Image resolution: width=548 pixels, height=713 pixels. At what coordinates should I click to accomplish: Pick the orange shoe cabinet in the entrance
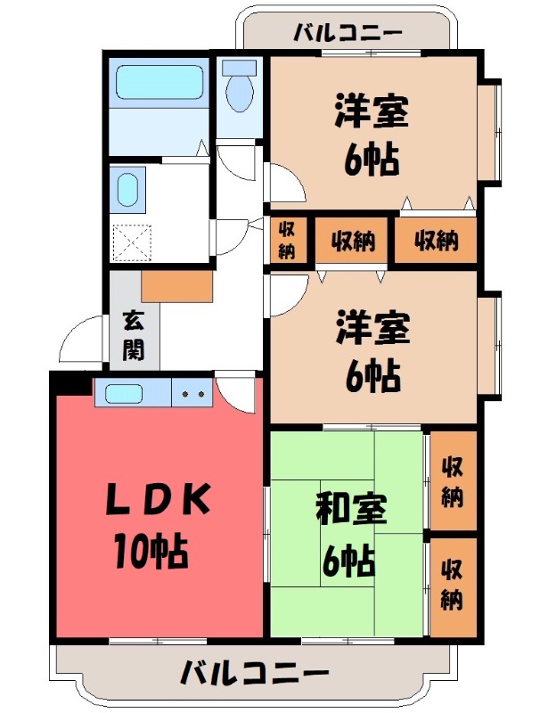(176, 284)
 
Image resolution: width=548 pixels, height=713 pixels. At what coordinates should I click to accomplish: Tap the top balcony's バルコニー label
(348, 34)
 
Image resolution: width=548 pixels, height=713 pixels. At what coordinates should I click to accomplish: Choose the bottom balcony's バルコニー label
(255, 672)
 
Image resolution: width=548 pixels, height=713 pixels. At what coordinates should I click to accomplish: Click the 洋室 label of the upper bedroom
(372, 111)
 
